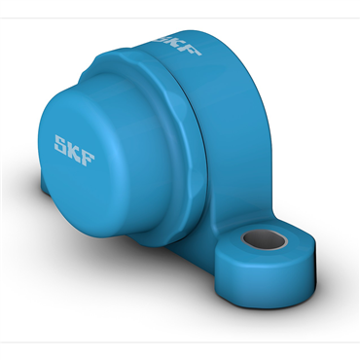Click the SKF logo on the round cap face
74,151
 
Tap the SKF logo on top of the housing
178,43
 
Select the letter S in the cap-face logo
60,144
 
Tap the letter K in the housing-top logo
175,43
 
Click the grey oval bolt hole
265,240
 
